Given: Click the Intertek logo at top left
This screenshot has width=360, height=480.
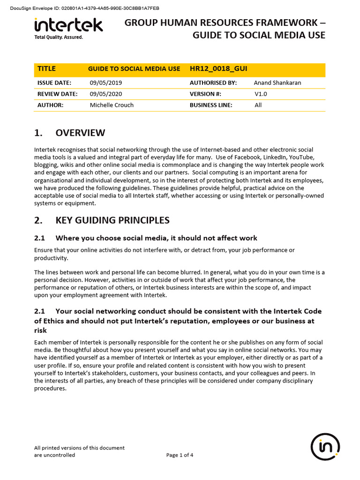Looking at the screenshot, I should (68, 25).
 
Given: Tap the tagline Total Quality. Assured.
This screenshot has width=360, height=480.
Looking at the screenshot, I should (59, 37).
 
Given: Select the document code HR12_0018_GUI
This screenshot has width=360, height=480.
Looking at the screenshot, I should (214, 69).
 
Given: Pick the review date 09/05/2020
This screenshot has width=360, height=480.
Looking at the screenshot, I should (106, 94).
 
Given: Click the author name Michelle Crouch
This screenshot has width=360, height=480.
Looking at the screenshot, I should (112, 105).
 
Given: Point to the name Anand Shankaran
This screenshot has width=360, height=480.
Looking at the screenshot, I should (277, 83).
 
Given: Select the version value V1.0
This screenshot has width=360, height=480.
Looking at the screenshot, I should (262, 94).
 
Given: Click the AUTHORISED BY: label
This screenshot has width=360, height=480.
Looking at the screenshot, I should (213, 83).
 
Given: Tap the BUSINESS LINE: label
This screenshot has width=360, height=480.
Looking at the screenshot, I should (211, 105).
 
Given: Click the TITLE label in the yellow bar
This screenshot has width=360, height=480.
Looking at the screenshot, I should (46, 69).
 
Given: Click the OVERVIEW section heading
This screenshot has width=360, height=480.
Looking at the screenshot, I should (80, 133).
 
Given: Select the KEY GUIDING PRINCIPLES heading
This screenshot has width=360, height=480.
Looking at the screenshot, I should (112, 220).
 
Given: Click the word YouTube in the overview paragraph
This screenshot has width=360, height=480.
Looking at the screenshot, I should (304, 157).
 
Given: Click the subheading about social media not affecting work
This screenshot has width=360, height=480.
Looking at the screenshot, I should (156, 238).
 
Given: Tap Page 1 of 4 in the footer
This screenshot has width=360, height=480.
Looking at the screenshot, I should (180, 455).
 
